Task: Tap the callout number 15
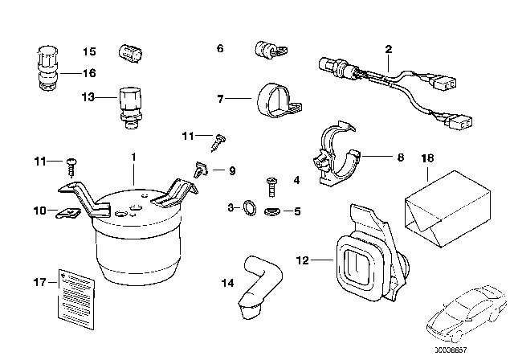coord(89,51)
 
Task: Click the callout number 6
coord(220,47)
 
